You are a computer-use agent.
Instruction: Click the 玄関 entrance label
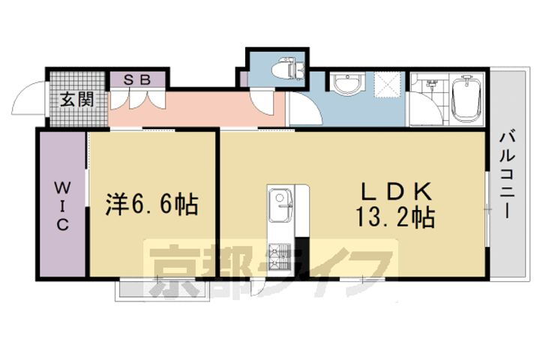pyautogui.click(x=76, y=100)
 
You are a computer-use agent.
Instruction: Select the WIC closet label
pyautogui.click(x=61, y=204)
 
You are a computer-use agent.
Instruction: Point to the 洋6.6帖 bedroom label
pyautogui.click(x=152, y=204)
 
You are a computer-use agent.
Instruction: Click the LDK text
pyautogui.click(x=396, y=190)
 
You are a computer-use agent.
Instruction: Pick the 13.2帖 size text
pyautogui.click(x=397, y=218)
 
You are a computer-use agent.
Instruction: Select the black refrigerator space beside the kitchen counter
pyautogui.click(x=302, y=256)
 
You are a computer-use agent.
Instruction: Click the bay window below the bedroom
pyautogui.click(x=161, y=289)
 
